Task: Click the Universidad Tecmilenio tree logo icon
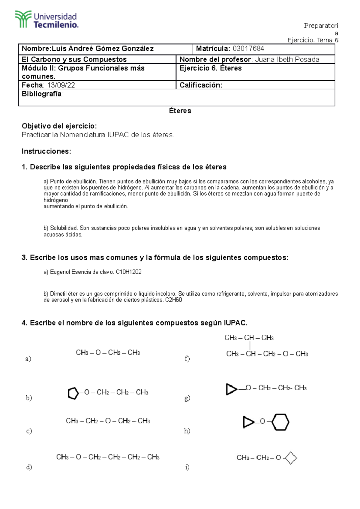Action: [23, 19]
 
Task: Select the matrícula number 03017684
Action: [248, 49]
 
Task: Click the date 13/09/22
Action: [61, 85]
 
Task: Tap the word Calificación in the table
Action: [200, 85]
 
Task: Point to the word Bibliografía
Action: [42, 94]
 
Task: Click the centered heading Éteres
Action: [180, 111]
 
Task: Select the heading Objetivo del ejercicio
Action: [59, 126]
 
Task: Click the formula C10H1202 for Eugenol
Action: [129, 272]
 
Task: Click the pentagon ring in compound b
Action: [73, 393]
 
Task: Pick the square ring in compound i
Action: [291, 458]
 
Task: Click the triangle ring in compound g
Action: [231, 389]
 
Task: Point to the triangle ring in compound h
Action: [248, 422]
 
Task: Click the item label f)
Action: [187, 359]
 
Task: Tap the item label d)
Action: [29, 467]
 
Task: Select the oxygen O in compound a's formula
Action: [98, 353]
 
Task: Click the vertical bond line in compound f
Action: [250, 346]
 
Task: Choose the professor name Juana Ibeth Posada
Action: [287, 59]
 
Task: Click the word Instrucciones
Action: [46, 151]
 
